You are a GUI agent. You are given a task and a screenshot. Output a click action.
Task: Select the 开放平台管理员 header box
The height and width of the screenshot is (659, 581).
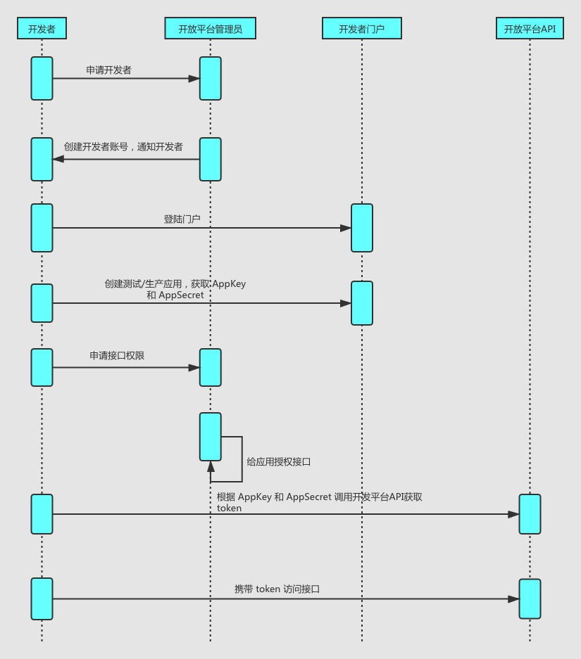tap(210, 28)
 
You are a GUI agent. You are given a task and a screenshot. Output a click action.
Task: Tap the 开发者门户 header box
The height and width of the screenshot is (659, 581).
tap(362, 28)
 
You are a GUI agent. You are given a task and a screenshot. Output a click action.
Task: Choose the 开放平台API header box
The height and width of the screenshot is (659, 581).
tap(530, 28)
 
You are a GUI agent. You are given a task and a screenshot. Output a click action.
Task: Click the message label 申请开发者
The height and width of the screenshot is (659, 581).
tap(108, 70)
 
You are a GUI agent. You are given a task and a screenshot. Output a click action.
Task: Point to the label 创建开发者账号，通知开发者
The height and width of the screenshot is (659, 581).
tap(123, 147)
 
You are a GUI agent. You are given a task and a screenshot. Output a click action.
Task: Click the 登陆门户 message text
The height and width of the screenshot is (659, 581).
tap(182, 219)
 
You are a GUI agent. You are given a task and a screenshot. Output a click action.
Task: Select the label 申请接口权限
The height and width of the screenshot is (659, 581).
tap(117, 356)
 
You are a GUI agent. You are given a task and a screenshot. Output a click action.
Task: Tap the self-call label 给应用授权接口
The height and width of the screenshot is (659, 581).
tap(279, 462)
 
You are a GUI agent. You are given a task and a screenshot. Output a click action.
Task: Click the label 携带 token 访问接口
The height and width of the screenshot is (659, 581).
tap(277, 589)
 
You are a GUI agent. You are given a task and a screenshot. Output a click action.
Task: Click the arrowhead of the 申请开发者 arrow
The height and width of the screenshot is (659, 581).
tap(194, 79)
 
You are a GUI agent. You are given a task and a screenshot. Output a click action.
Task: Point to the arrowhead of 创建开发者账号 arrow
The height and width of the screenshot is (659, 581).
tap(58, 159)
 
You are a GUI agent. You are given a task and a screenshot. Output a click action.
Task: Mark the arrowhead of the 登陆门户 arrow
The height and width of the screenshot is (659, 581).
tap(346, 228)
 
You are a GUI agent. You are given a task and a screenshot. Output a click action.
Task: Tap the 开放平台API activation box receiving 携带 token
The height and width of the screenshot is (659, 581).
tap(530, 599)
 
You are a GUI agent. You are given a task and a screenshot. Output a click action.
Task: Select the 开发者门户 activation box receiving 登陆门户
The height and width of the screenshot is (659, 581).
tap(362, 228)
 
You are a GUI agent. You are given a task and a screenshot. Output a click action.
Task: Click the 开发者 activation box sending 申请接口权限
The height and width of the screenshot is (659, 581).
tap(42, 367)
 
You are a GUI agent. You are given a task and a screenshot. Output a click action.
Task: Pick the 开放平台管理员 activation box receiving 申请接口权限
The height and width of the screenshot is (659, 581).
tap(210, 367)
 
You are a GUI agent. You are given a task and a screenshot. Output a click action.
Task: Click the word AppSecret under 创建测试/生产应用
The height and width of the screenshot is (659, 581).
tap(181, 295)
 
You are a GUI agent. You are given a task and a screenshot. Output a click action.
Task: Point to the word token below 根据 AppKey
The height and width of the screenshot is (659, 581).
tap(229, 508)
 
